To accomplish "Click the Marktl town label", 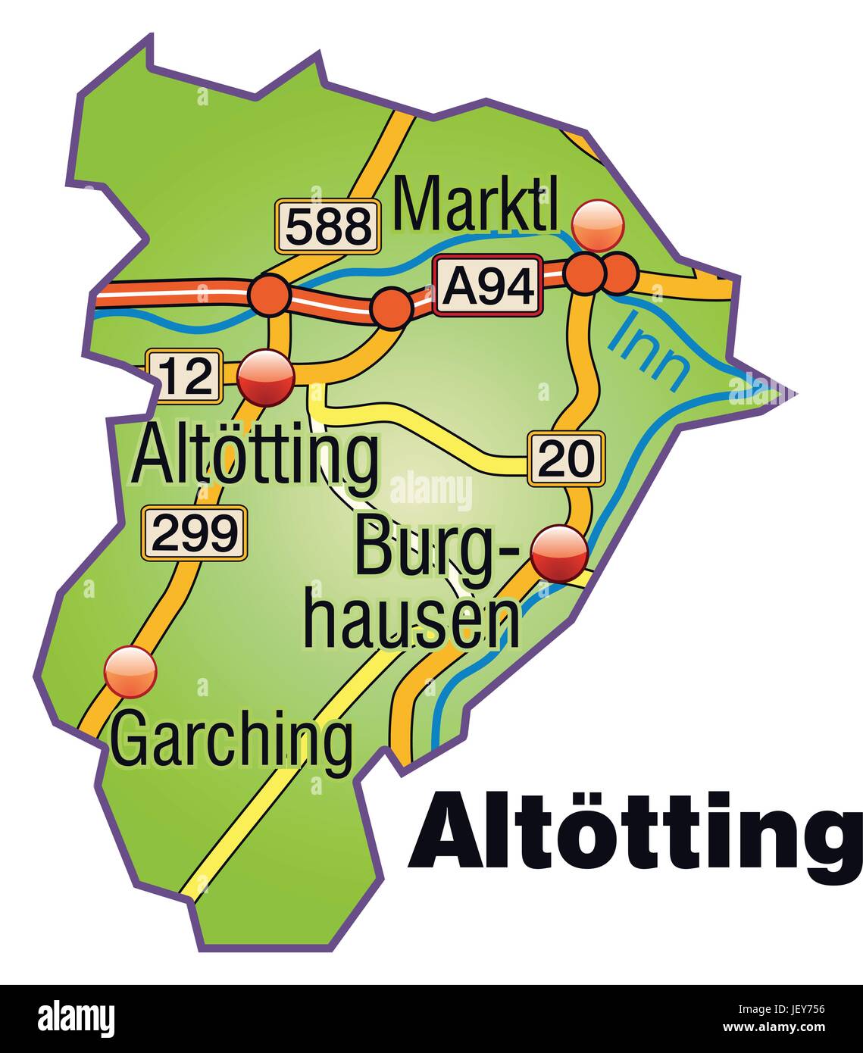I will [476, 204].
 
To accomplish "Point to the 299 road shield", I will [195, 533].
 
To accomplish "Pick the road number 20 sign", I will [567, 458].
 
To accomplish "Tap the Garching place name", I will [232, 739].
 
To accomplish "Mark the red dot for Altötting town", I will [266, 377].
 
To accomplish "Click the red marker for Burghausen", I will [559, 555].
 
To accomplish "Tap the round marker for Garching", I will [130, 671].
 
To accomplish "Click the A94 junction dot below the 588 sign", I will [270, 295].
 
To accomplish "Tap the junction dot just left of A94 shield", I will [392, 308].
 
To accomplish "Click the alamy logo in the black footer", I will [76, 1017].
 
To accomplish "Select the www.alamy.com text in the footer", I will [781, 1027].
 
